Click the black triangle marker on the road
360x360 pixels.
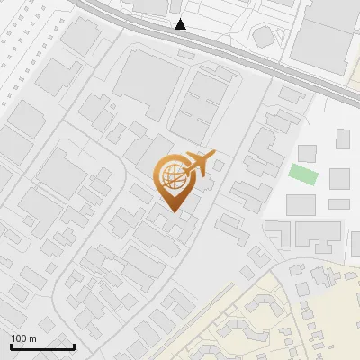[x=181, y=24]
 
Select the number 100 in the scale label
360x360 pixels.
[x=19, y=338]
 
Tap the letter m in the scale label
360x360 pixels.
[x=32, y=338]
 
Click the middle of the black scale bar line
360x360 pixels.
[x=42, y=346]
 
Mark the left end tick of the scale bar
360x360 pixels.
[x=11, y=346]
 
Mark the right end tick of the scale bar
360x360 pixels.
[x=74, y=346]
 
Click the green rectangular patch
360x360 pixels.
[x=303, y=174]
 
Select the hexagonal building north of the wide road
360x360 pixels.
[x=263, y=36]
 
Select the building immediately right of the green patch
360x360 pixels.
[x=339, y=178]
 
